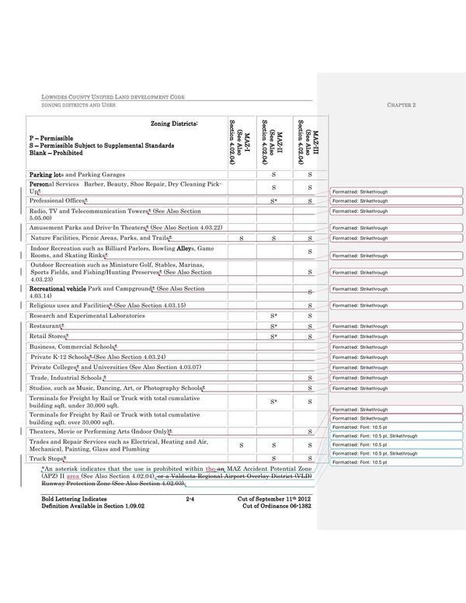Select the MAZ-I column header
tap(242, 141)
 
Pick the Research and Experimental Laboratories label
tap(86, 315)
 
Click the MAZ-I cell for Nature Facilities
tap(242, 237)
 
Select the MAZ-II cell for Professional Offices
tap(274, 200)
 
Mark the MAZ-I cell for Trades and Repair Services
tap(242, 445)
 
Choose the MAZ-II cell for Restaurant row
tap(274, 326)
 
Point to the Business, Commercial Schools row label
tap(74, 346)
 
